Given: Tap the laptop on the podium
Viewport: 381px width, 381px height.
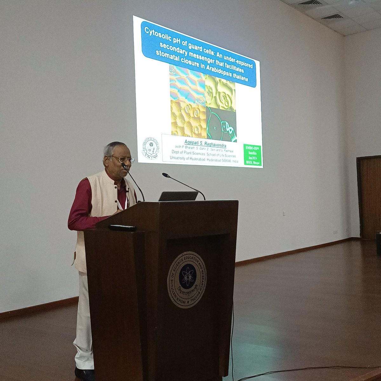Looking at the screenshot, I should coord(178,196).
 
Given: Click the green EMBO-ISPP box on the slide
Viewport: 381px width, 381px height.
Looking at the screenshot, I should coord(253,155).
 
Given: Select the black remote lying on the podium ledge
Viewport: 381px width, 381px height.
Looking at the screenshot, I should coord(122,228).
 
